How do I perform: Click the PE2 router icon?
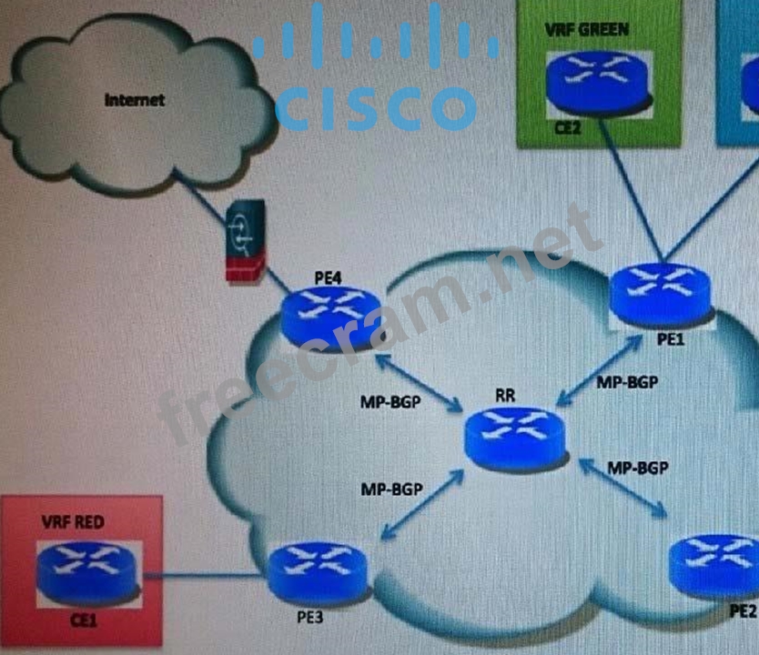click(716, 564)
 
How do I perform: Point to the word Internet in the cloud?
click(135, 99)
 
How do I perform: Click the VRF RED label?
click(73, 522)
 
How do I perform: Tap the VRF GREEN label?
click(586, 29)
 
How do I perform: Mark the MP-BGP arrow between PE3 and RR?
click(422, 510)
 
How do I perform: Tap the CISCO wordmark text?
click(375, 108)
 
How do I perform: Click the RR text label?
click(506, 396)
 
